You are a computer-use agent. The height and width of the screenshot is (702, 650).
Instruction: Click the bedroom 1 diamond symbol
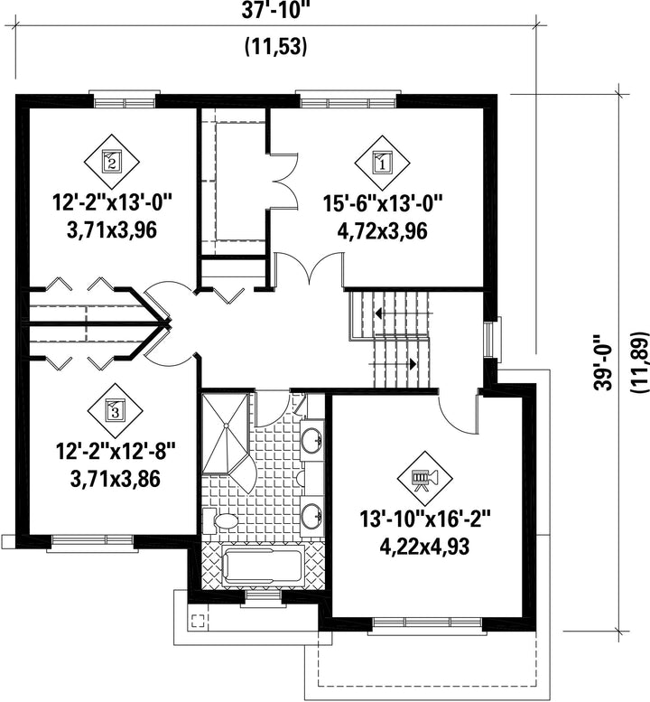point(382,162)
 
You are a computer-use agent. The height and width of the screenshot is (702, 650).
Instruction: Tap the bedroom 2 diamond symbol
point(111,161)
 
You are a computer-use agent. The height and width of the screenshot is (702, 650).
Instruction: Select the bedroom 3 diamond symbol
point(115,411)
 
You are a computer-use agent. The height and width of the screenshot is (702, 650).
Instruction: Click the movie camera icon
point(425,478)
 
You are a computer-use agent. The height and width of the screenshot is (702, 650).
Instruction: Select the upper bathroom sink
point(311,440)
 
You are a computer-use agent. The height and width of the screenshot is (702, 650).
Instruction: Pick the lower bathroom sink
point(311,516)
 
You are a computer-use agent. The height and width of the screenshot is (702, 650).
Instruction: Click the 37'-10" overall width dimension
point(275,10)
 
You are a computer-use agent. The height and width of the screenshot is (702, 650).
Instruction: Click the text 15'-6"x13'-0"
point(383,204)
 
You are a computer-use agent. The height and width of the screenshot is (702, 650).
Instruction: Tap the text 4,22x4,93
point(424,547)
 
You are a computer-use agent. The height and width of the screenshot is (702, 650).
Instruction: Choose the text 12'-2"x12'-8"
point(115,452)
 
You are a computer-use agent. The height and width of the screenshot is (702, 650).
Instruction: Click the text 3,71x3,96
point(112,231)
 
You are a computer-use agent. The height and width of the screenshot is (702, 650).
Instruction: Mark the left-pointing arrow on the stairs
point(378,314)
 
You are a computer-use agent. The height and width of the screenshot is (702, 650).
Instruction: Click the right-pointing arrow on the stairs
point(413,363)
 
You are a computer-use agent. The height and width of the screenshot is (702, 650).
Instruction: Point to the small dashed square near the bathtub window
point(198,621)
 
